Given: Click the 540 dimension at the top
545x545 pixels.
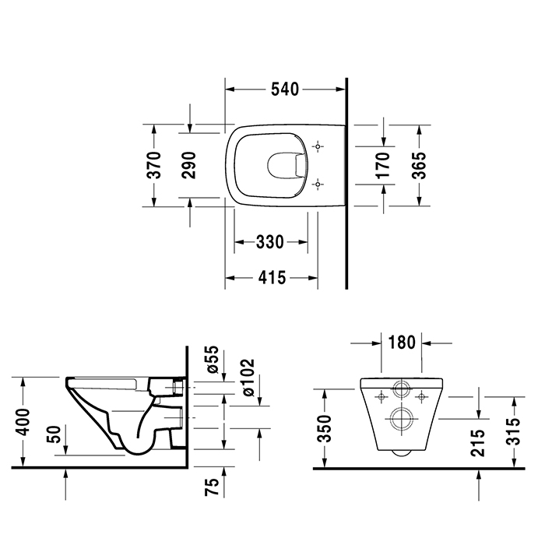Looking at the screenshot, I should (285, 90).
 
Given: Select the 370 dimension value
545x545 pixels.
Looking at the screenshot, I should (155, 164).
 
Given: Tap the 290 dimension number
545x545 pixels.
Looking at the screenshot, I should (189, 164).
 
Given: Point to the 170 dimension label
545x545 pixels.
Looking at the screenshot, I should (382, 165).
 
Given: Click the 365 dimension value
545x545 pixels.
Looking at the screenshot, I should (419, 164).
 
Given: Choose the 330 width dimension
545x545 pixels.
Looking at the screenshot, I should (269, 241).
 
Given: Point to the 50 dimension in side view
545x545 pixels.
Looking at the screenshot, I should (54, 434).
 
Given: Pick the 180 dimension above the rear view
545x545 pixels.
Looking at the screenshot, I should (400, 343).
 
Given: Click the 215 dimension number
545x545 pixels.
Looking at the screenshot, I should (477, 441).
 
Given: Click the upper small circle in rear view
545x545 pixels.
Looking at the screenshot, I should (401, 389).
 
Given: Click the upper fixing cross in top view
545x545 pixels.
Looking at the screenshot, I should (318, 146).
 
